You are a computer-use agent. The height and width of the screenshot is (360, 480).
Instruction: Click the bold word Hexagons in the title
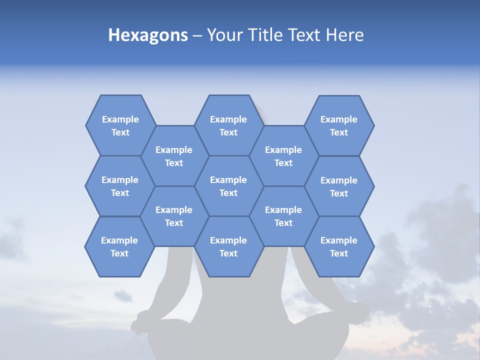[148, 35]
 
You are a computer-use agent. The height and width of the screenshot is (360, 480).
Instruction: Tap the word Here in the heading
[344, 35]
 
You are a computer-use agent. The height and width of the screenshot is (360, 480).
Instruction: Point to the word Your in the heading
[224, 35]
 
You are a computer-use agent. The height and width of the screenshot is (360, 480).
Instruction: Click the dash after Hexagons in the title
[197, 35]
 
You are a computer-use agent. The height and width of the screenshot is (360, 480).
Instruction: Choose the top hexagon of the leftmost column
[120, 125]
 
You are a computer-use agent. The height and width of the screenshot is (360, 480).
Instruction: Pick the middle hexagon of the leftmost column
[120, 186]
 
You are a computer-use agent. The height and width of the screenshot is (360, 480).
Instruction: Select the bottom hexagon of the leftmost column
[119, 246]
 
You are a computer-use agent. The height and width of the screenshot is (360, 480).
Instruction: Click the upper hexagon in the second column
[174, 156]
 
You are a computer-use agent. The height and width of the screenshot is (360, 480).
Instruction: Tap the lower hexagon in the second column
[174, 216]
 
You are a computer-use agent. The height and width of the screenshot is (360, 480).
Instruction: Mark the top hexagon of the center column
[228, 125]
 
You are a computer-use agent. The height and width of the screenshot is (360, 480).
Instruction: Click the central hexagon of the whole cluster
[228, 186]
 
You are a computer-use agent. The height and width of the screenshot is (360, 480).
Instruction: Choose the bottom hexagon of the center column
[228, 246]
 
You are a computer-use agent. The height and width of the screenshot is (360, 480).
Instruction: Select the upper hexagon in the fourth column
[283, 156]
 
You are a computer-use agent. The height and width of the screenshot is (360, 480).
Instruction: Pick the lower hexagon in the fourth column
[283, 216]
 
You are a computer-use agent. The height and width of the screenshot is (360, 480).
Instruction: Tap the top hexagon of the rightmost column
[339, 125]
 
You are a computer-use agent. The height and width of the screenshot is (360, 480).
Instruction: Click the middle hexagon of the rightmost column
[339, 186]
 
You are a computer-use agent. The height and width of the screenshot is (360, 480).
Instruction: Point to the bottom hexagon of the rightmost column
[339, 246]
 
